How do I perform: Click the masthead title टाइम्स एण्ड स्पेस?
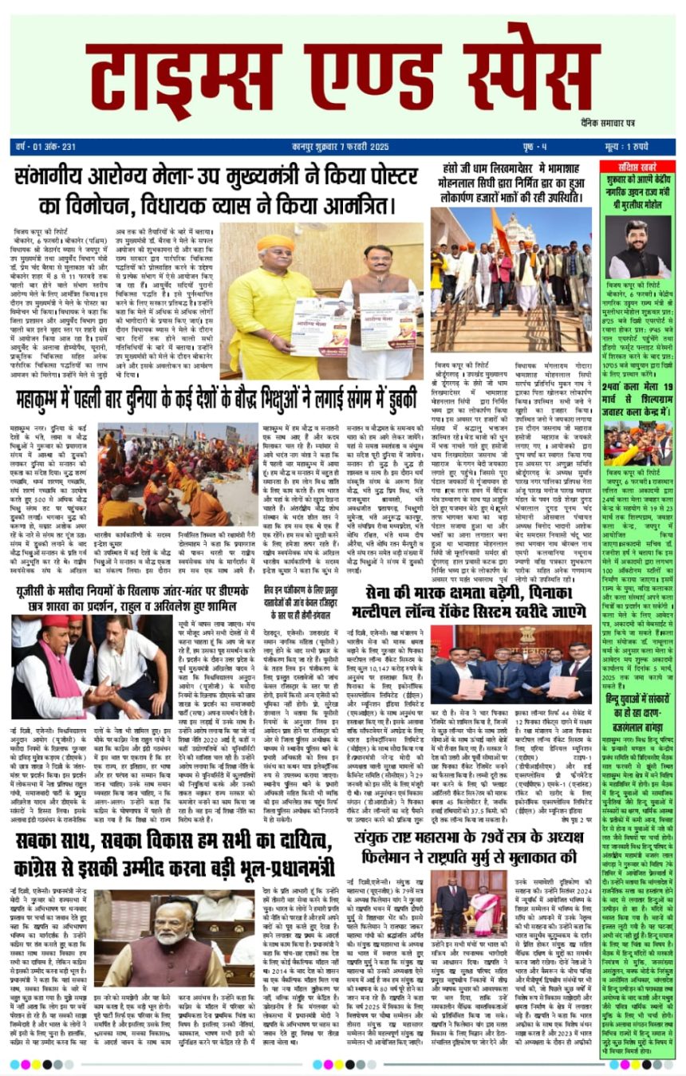[x=343, y=73]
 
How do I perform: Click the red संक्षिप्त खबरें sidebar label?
[x=635, y=166]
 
